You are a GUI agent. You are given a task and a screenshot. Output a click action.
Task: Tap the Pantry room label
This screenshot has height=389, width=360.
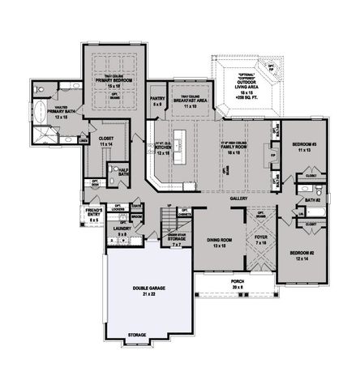pos(159,101)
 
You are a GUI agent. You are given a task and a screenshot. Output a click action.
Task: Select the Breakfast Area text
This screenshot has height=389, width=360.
pos(191,101)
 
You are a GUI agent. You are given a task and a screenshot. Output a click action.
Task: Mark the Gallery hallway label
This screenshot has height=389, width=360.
pos(238,197)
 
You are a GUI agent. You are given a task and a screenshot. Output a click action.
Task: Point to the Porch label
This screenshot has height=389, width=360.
pos(236,284)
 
